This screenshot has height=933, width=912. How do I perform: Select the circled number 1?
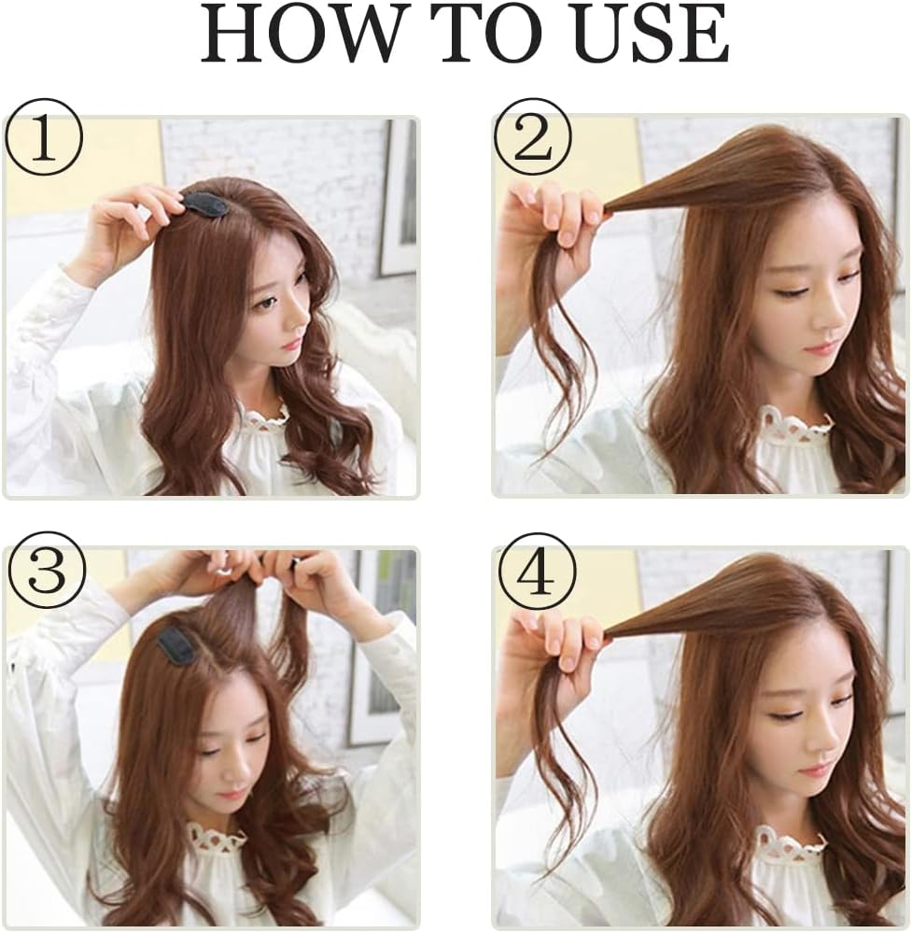(44, 144)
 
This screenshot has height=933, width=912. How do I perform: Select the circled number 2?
(533, 144)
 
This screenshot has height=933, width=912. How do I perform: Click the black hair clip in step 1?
(205, 204)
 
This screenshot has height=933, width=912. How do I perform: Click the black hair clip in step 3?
(176, 645)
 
